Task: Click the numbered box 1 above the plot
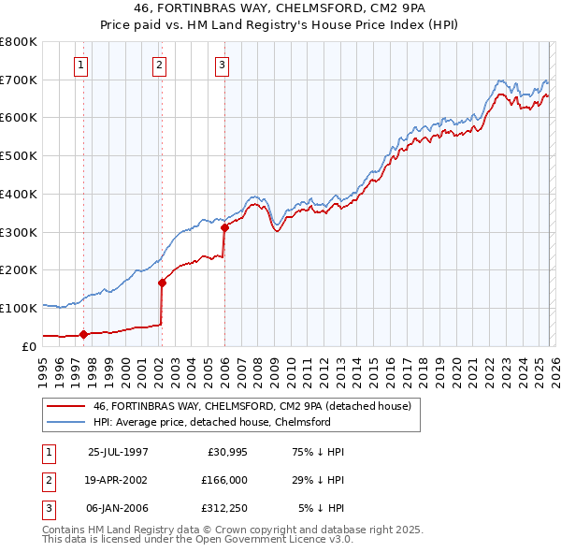(82, 65)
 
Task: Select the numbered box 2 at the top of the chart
(160, 65)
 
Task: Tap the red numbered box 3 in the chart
(222, 65)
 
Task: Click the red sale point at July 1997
(84, 333)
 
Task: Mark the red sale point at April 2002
(162, 282)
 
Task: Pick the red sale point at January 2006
(224, 226)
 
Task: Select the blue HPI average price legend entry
(211, 423)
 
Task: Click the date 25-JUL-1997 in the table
(118, 451)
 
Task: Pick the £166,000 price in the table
(227, 479)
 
